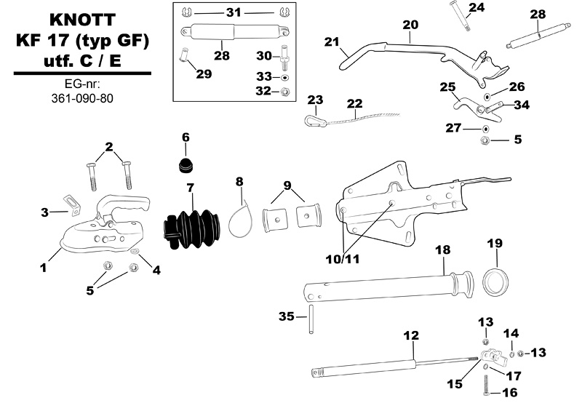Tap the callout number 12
(x=411, y=335)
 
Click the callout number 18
(x=442, y=250)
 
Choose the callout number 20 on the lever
(x=410, y=24)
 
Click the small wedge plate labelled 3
(x=71, y=203)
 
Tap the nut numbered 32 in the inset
(x=285, y=92)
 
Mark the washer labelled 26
(x=487, y=96)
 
